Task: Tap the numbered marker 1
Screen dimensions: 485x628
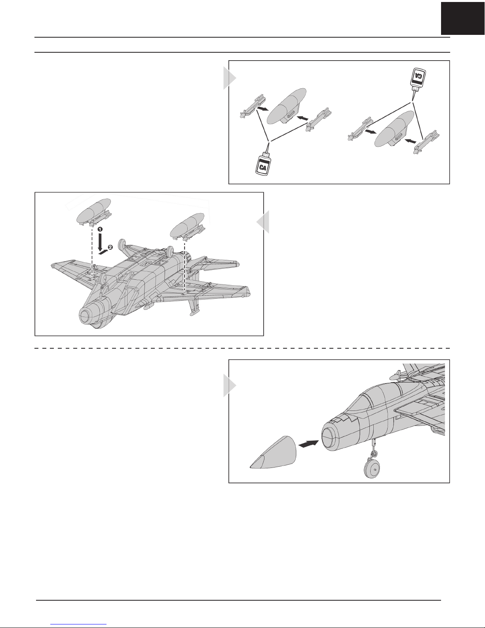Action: coord(100,229)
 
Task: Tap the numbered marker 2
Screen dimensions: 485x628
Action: coord(110,247)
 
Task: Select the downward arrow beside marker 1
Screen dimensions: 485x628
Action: coord(100,242)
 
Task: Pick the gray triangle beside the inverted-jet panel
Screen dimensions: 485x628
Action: coord(263,221)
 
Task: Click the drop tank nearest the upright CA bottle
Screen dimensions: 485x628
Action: coord(287,106)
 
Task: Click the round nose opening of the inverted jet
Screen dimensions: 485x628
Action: coord(87,316)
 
